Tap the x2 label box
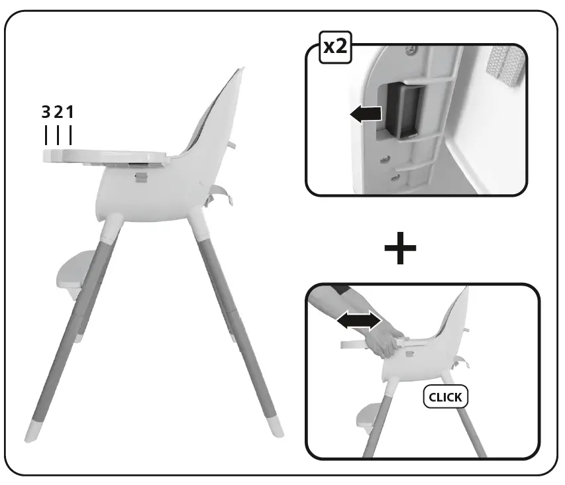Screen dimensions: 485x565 click(x=336, y=48)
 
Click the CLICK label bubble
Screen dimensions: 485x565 click(x=445, y=398)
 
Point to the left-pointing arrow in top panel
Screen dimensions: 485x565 click(x=366, y=114)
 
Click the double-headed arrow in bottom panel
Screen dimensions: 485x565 click(x=358, y=321)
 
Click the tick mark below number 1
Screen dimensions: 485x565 click(x=70, y=135)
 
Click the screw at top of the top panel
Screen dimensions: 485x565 click(x=414, y=48)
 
